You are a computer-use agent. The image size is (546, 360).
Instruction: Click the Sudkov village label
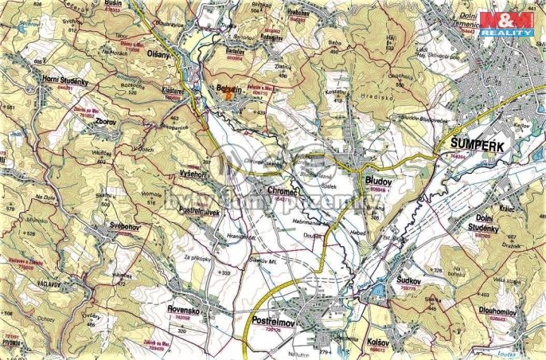(410, 280)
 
